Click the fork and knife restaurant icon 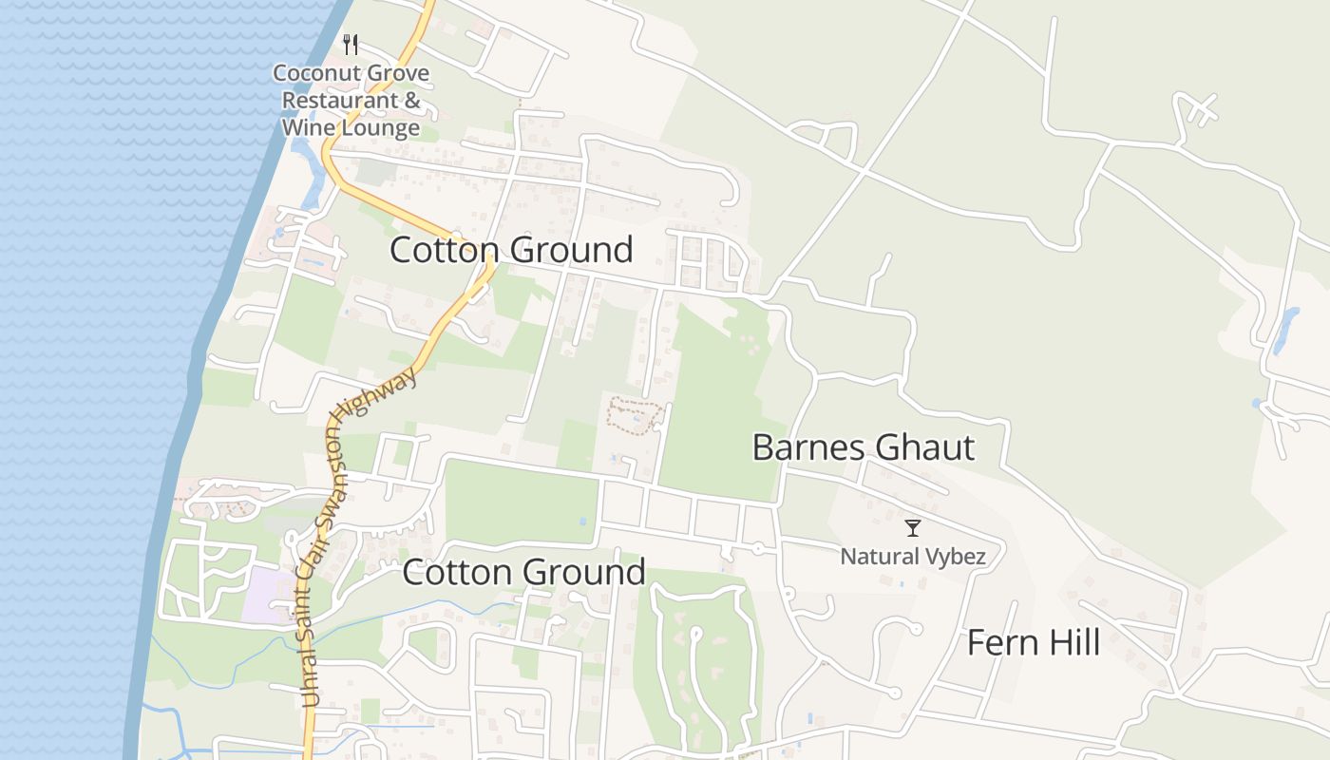coord(351,44)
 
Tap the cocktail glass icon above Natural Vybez coord(913,528)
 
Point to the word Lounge coord(377,127)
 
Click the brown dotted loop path coord(635,415)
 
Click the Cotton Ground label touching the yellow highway coord(511,250)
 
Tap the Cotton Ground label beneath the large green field coord(523,573)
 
